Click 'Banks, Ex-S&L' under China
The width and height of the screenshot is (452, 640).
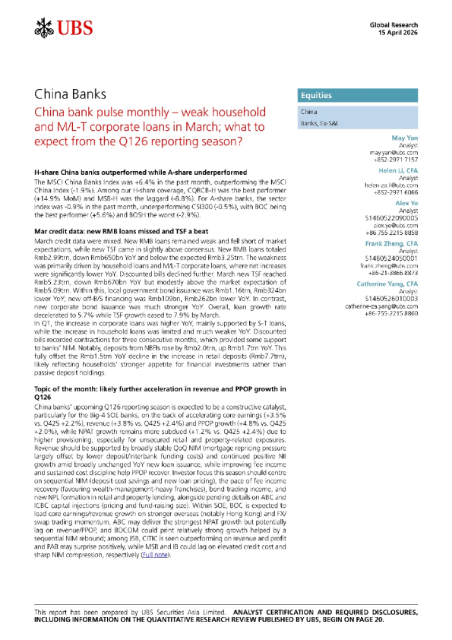(x=300, y=123)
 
